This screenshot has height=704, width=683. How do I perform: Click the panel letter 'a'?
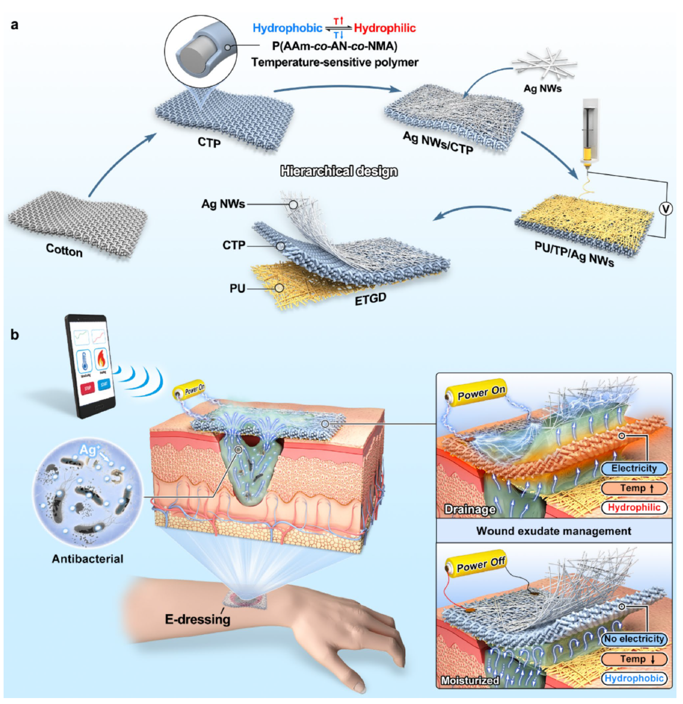14,24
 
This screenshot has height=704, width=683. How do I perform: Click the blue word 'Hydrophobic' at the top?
287,28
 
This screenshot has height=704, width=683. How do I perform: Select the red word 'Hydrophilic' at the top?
385,28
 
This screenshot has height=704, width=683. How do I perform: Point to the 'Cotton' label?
64,251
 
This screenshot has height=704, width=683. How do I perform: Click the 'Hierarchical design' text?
339,171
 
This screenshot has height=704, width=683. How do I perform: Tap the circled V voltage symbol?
666,208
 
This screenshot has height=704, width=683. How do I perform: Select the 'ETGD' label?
371,299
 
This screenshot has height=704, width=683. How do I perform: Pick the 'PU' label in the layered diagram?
237,289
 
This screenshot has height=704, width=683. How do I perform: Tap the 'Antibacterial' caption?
87,559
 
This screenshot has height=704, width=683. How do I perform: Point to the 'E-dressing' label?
197,619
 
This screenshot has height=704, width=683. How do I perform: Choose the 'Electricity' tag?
634,468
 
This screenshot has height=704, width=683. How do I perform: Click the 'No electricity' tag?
634,639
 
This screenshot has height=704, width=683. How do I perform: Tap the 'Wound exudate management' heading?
553,531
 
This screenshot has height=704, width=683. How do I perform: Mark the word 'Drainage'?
470,509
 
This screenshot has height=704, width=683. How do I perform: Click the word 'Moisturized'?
470,680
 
